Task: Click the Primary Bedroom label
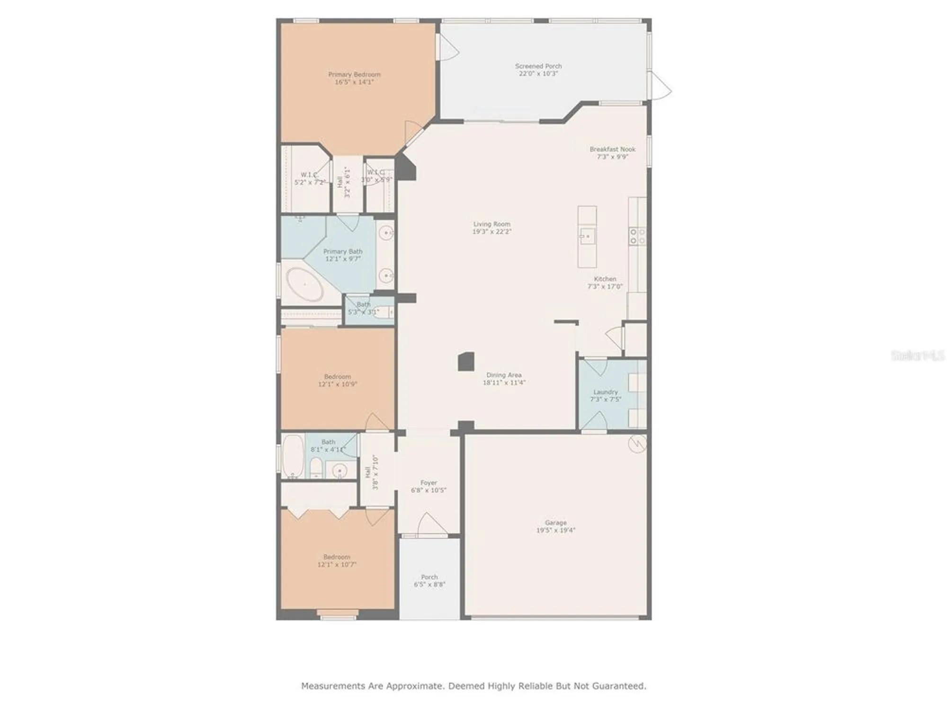pos(354,74)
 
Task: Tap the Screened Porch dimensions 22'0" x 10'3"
pos(538,74)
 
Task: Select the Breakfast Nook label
pos(612,149)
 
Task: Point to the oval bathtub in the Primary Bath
pos(305,284)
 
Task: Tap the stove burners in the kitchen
pos(637,236)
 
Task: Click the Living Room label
pos(491,224)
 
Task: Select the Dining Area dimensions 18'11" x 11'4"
pos(504,382)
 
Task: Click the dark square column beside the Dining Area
pos(466,361)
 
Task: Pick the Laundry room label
pos(605,392)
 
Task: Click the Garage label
pos(555,523)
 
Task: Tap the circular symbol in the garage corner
pos(637,444)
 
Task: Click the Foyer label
pos(429,483)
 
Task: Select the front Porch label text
pos(429,577)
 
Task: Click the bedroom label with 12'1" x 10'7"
pos(337,557)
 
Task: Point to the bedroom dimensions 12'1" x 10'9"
pos(337,384)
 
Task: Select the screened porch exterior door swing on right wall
pos(660,86)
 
